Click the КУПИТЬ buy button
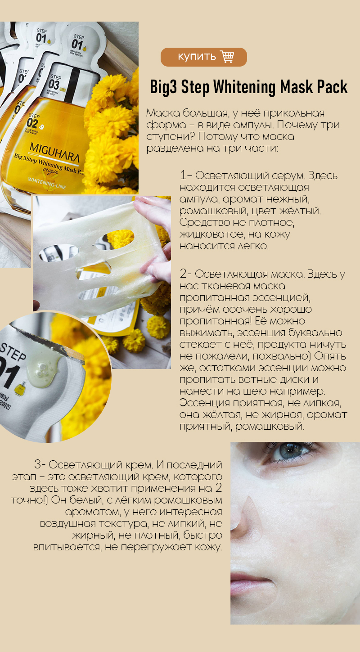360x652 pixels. [x=204, y=57]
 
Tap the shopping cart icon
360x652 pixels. [x=227, y=56]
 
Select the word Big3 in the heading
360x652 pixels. [x=163, y=87]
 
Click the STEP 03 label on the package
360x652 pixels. [x=54, y=82]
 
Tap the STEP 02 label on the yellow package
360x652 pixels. [x=33, y=121]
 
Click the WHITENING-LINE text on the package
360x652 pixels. [x=47, y=183]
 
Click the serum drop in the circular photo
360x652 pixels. [x=44, y=370]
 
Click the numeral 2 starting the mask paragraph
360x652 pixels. [x=183, y=274]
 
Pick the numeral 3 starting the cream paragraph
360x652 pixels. [x=38, y=464]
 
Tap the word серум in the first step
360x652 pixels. [x=288, y=176]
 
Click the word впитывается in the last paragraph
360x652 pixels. [x=67, y=547]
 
